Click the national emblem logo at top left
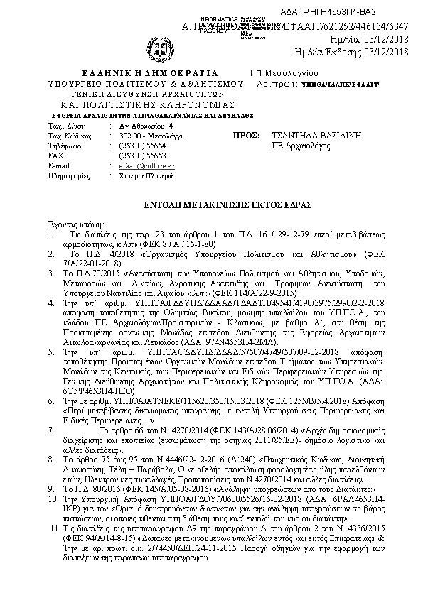point(161,50)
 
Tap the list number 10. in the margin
point(52,500)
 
